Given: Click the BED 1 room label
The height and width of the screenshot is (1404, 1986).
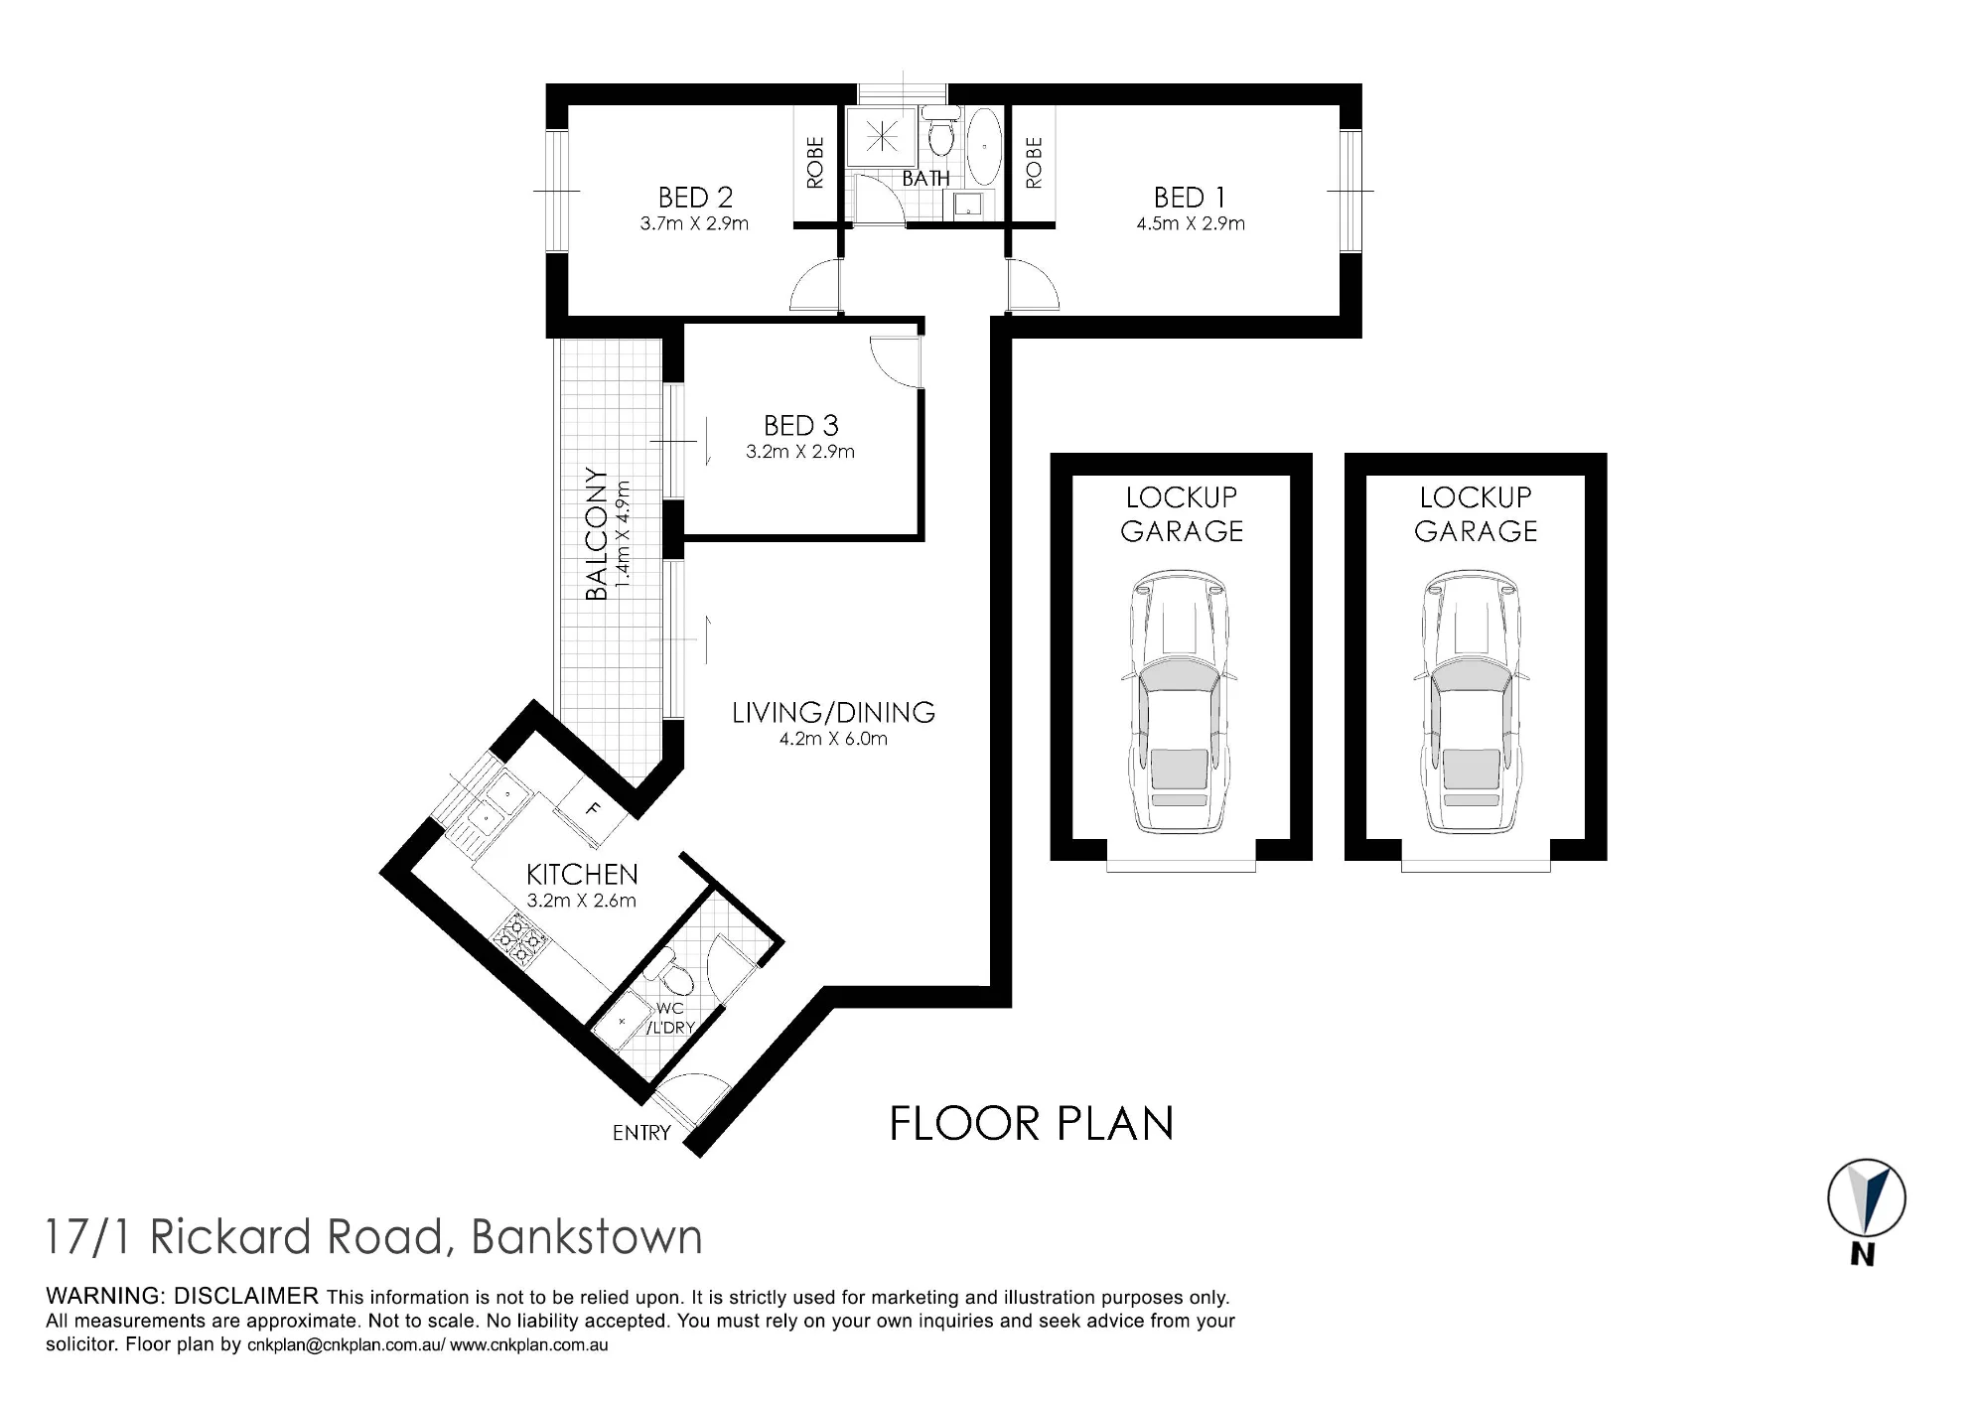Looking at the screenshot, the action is [x=1190, y=198].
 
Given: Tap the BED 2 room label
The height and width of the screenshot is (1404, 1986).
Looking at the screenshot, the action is [x=695, y=198].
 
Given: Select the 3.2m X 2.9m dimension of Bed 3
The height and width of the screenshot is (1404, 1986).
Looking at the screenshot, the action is [x=800, y=452].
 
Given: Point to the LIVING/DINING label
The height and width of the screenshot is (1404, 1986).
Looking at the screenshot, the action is [x=833, y=712].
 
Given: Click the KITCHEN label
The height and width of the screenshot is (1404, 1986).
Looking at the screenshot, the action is [x=582, y=874].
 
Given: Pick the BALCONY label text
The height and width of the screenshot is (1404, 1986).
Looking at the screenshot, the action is [x=596, y=534].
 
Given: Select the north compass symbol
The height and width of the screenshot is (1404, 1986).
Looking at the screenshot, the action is [x=1866, y=1198].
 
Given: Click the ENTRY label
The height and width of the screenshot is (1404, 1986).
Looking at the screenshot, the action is [x=641, y=1133].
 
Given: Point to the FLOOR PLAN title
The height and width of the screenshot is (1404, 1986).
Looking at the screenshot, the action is [x=1032, y=1124].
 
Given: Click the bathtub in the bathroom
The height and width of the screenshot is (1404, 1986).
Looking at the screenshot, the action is [x=984, y=146].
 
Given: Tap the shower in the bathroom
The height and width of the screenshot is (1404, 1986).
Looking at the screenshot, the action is [x=881, y=137].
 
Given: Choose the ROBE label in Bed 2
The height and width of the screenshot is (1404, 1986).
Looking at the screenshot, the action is [x=815, y=163].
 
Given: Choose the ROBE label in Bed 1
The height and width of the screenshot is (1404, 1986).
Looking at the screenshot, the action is [x=1034, y=163].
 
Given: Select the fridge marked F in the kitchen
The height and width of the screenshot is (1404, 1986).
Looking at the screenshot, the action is [x=592, y=810].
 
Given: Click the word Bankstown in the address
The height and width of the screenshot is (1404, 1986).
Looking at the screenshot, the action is [x=587, y=1237].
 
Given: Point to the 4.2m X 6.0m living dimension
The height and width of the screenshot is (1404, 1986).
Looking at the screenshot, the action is [x=833, y=739].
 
